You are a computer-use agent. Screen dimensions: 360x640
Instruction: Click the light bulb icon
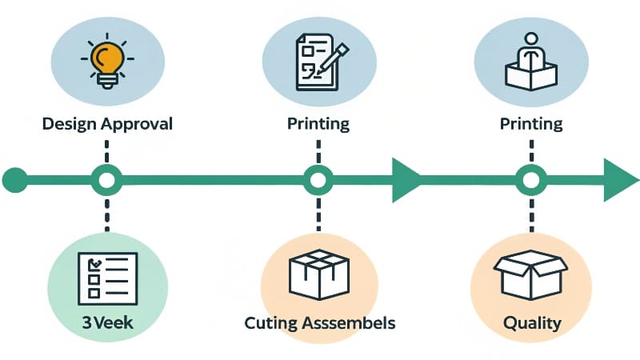click(x=106, y=60)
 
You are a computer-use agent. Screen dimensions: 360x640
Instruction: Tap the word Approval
click(x=141, y=124)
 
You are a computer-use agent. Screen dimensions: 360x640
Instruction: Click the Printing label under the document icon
click(x=318, y=124)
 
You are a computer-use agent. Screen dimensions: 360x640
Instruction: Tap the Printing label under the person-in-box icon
click(x=531, y=124)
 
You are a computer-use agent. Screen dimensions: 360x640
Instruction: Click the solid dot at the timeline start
click(x=14, y=180)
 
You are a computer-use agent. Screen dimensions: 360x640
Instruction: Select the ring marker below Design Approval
click(x=106, y=180)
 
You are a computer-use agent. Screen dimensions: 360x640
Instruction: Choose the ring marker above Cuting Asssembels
click(x=318, y=180)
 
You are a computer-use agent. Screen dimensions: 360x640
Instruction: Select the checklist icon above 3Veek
click(x=107, y=277)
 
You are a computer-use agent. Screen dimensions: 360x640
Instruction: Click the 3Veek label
click(x=107, y=324)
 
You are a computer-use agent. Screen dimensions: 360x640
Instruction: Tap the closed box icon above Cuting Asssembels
click(x=318, y=274)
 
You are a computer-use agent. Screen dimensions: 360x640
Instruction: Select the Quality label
click(x=531, y=324)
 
